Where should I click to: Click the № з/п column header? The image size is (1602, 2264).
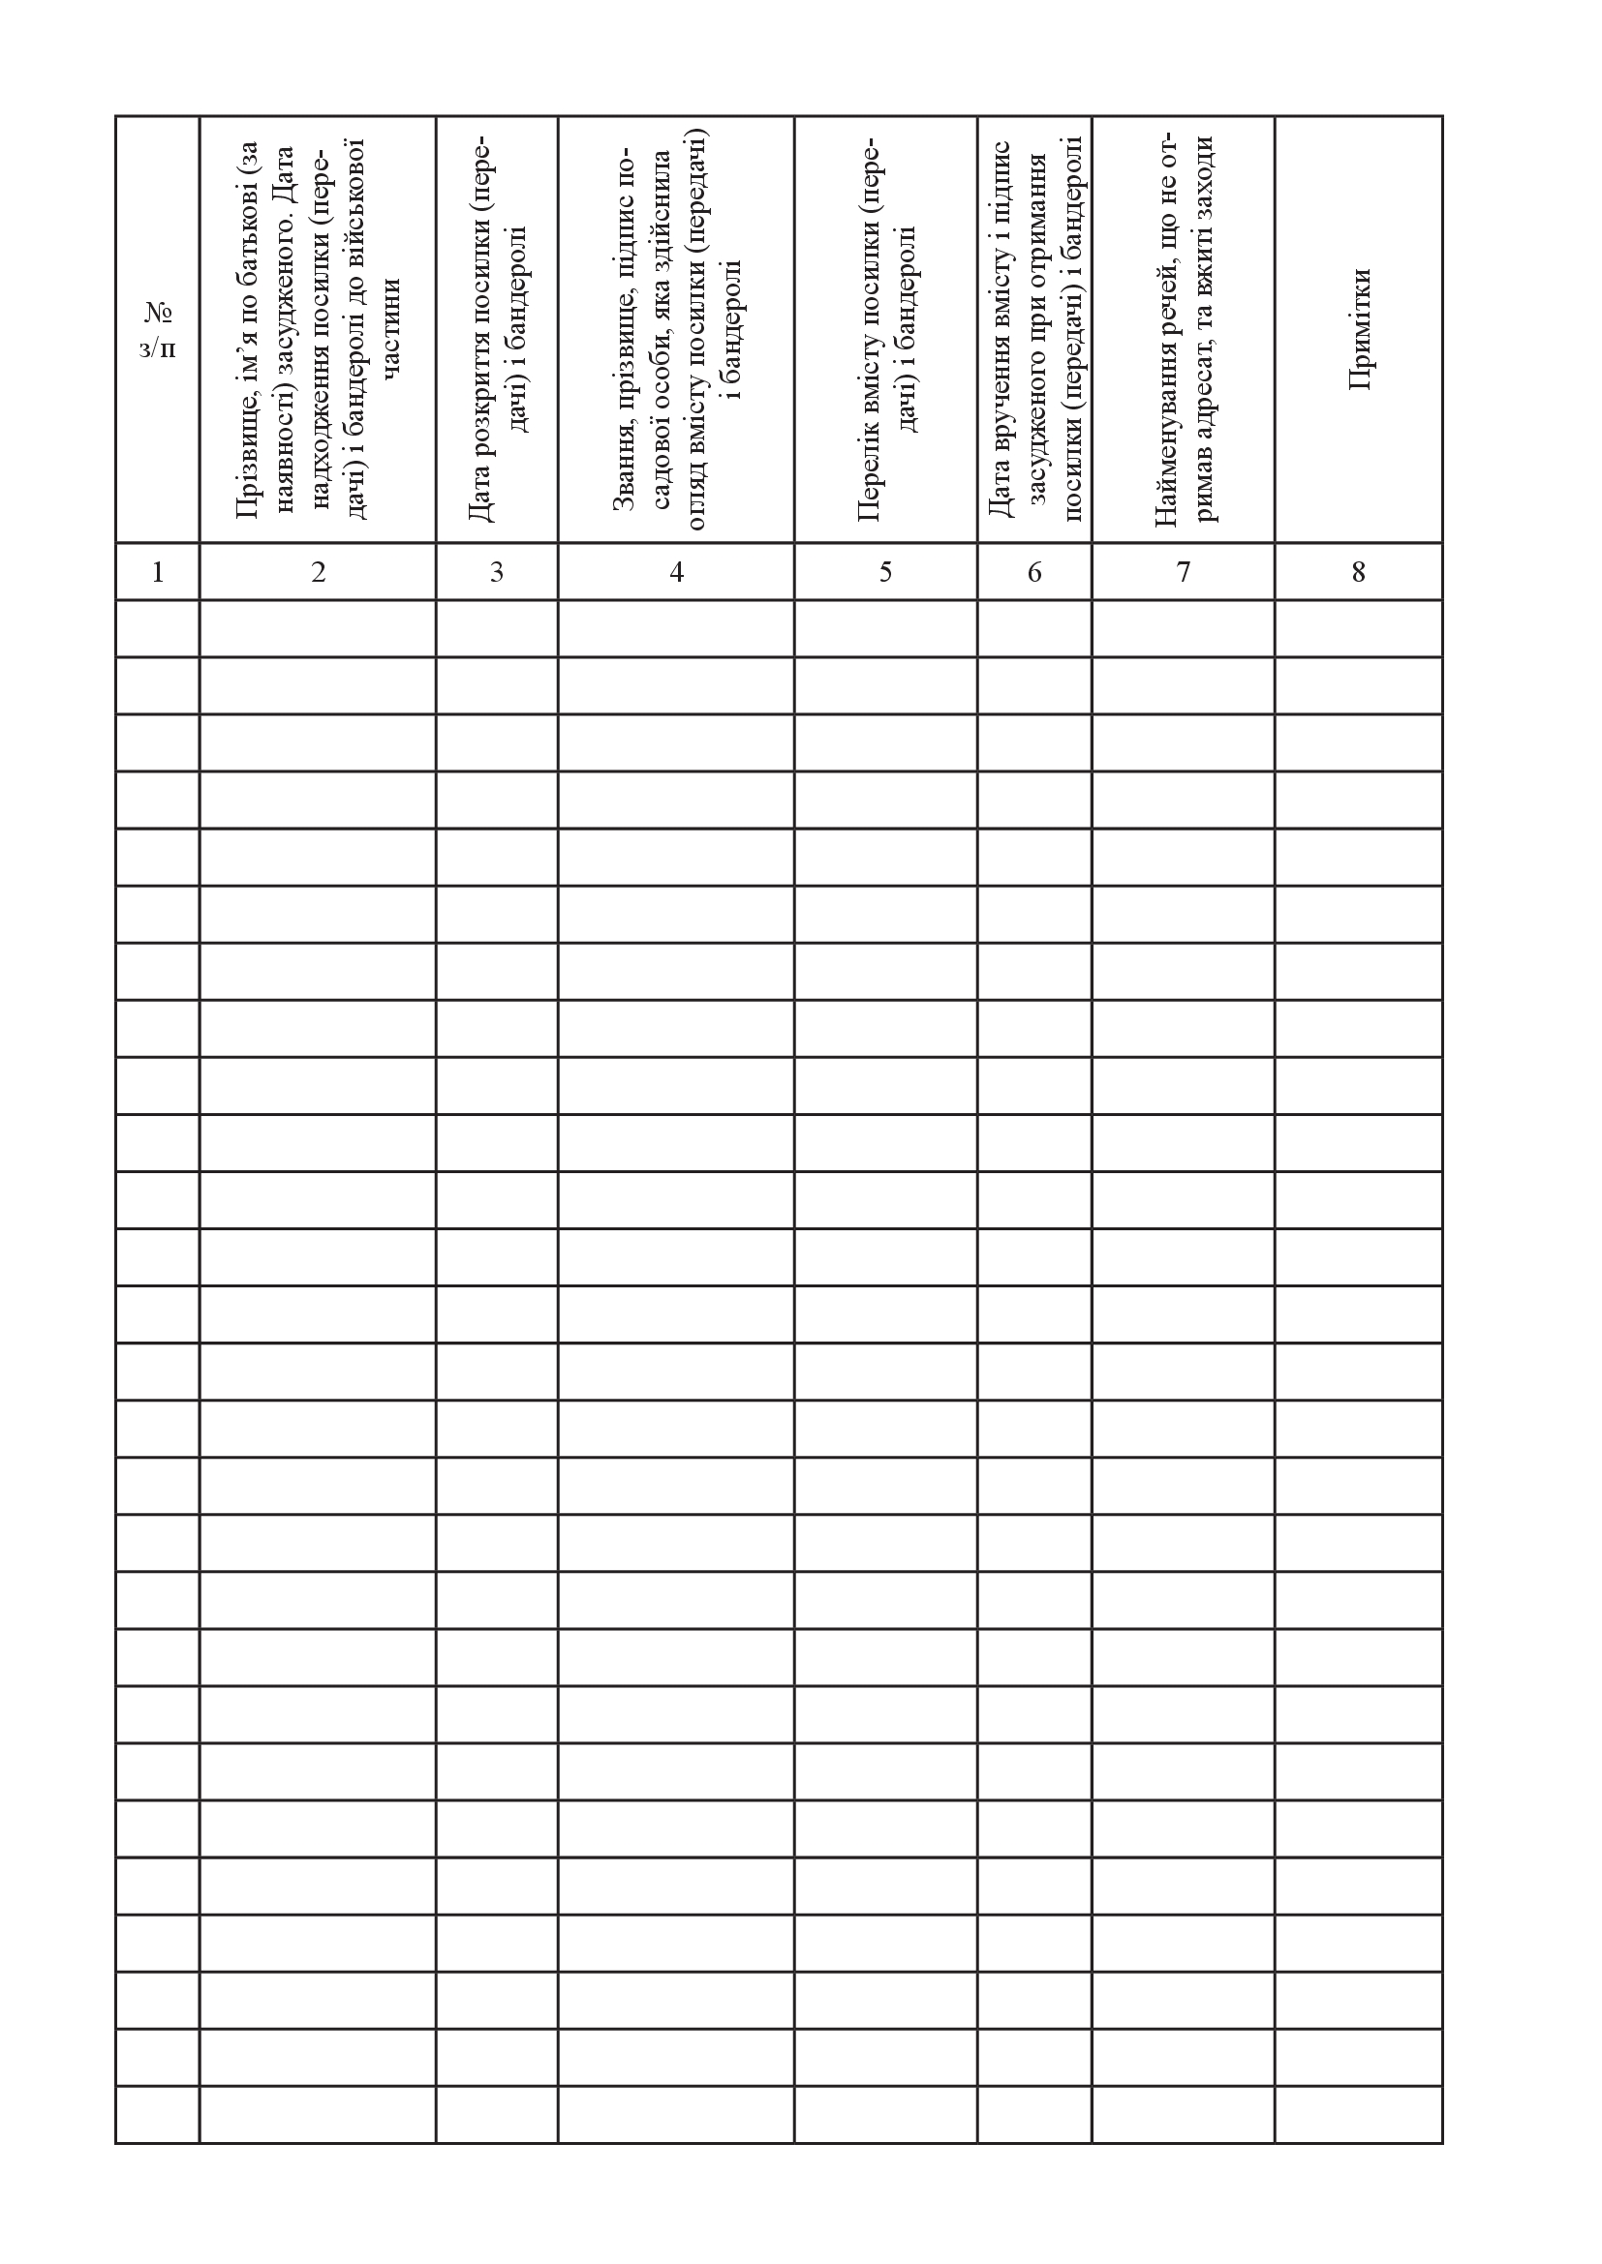coord(158,330)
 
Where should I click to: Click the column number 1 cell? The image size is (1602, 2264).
coord(158,572)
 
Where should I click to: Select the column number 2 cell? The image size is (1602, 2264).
coord(318,572)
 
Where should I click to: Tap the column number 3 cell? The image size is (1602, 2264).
coord(496,572)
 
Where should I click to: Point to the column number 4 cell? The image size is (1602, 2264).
coord(676,572)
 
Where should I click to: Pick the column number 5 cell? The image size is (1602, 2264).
coord(885,572)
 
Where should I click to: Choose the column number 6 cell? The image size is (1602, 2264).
coord(1033,572)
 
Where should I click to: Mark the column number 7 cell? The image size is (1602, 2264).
coord(1183,572)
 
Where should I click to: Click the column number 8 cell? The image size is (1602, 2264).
coord(1358,572)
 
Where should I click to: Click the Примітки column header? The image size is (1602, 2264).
coord(1359,328)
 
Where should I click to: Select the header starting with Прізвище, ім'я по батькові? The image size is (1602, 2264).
coord(318,330)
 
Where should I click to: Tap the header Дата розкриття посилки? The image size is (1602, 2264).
coord(496,330)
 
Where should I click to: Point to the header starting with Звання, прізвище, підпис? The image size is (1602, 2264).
coord(676,330)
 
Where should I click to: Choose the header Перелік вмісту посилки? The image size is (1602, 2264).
coord(885,330)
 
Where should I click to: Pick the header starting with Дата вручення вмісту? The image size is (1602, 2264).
coord(1033,330)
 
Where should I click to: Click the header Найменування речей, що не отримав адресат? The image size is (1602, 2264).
coord(1183,330)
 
